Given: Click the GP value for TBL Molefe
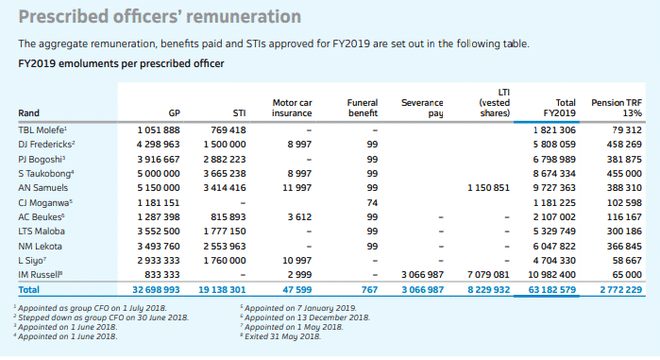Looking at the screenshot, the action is pos(159,130).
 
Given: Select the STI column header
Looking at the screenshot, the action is pos(239,112).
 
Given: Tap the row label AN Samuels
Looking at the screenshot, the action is pos(42,188).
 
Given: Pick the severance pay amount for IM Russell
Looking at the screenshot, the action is pos(422,275).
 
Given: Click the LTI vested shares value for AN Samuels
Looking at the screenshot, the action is pos(488,188).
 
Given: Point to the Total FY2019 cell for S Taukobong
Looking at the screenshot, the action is pos(554,174).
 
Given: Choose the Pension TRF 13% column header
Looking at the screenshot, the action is pos(617,108).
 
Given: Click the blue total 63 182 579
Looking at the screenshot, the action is pos(551,290).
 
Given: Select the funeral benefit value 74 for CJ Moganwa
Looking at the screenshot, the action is pos(372,202).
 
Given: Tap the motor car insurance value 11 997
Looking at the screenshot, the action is pos(296,188).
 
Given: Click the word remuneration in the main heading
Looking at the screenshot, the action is pos(244,17).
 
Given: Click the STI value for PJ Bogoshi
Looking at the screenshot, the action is pos(225,159).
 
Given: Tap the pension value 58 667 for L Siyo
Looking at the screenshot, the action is pos(627,260).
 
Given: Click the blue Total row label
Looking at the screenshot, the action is pos(28,290).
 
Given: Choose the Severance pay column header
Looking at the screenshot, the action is pos(422,108).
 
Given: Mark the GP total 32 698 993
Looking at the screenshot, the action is pos(156,290).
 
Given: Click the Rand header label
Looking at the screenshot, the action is pos(28,112).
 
